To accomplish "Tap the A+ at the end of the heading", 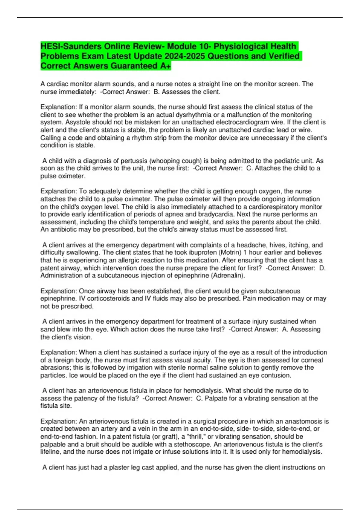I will (x=166, y=66).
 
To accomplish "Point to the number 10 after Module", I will (x=204, y=46).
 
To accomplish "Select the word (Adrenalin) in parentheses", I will (x=228, y=275).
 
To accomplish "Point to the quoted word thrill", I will (x=196, y=436).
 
